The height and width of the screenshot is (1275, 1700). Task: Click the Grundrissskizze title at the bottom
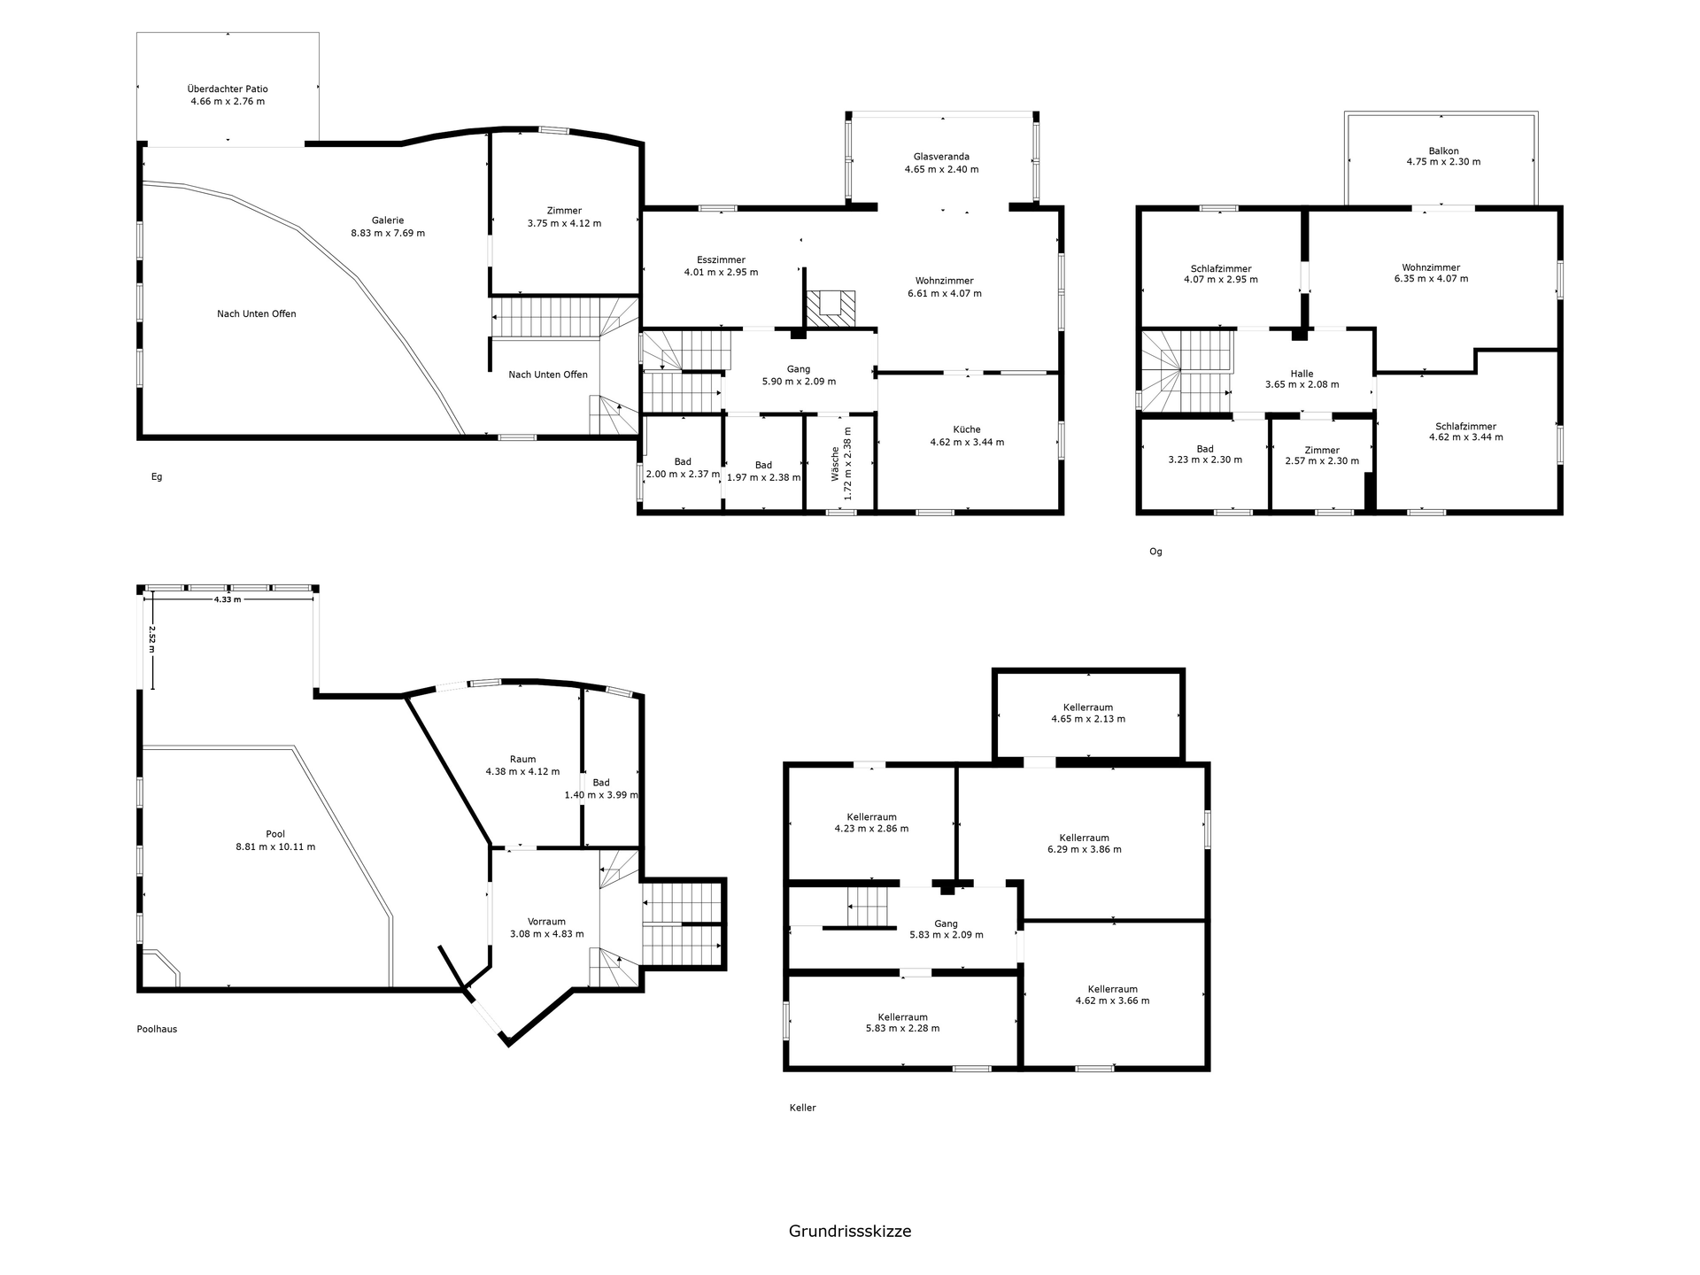point(850,1231)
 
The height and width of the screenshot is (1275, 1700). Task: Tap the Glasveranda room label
point(941,157)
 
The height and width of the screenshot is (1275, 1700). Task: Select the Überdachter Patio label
point(228,89)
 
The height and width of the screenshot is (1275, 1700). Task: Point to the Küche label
point(967,429)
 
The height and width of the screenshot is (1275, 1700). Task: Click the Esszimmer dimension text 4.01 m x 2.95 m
point(721,272)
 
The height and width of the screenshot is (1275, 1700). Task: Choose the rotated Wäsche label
point(835,464)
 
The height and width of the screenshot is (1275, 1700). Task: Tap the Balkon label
point(1443,151)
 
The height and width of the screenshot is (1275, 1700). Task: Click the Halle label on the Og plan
point(1302,374)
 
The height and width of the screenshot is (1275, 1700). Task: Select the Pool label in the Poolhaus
point(275,834)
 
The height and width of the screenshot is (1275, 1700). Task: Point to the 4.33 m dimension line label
point(228,599)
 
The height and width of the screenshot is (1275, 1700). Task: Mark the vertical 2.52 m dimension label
point(152,639)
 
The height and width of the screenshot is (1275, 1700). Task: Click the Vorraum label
point(546,922)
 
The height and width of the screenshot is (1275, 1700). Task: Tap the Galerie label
point(388,220)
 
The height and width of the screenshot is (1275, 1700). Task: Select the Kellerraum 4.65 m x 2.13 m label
point(1088,714)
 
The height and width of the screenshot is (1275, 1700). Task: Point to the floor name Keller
point(802,1108)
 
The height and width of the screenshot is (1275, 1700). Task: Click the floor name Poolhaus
point(157,1029)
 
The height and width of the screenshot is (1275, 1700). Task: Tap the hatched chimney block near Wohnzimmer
point(831,309)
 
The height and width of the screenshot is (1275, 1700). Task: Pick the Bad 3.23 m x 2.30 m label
point(1205,454)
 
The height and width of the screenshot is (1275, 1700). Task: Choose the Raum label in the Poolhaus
point(522,759)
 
